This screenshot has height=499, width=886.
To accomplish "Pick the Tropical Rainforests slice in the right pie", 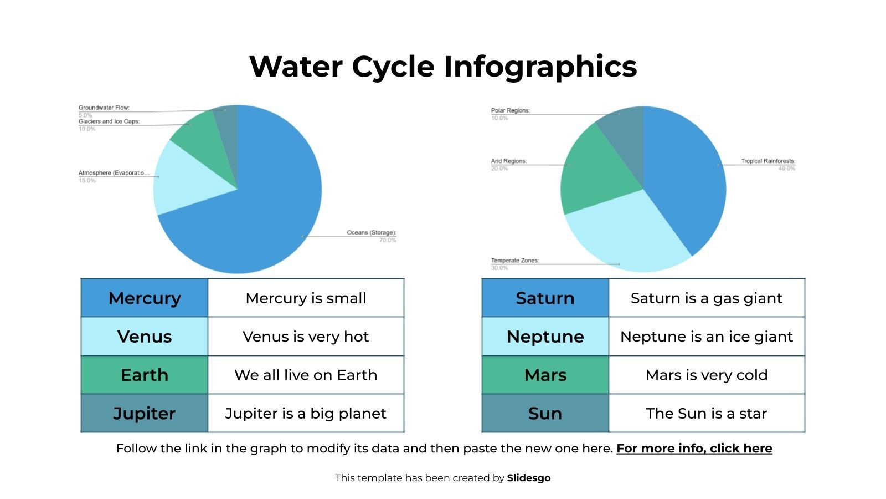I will coord(687,177).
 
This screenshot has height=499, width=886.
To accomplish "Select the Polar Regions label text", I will coord(510,111).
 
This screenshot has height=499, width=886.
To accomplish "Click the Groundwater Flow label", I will coord(104,108).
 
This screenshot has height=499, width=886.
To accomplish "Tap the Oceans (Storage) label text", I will coord(371,233).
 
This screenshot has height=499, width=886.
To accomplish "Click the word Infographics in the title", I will coord(540,67).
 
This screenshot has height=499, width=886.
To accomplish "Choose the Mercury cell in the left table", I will coord(145,298).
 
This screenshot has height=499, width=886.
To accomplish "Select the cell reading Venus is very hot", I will coord(306,337).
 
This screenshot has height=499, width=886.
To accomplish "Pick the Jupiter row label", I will coord(145,414).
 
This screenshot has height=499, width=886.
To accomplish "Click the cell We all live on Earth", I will coord(306,375).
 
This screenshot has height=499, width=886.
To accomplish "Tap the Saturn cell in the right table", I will coord(545,298).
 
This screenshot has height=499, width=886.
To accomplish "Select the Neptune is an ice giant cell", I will coord(707,337).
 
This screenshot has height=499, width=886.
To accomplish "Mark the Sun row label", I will coord(545,414).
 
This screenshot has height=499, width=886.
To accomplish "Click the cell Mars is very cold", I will coord(707,375).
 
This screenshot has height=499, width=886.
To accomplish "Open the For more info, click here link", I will coord(694,449).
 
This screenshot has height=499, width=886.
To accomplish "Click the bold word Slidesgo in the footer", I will coord(528,478).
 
